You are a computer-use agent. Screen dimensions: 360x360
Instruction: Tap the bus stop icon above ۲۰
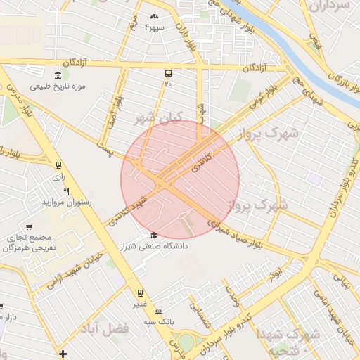[x=168, y=73]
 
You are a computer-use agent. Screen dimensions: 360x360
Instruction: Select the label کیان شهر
[x=158, y=117]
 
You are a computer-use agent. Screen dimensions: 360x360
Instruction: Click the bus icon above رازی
[x=58, y=166]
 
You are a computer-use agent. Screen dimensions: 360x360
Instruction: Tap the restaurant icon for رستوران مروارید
[x=67, y=191]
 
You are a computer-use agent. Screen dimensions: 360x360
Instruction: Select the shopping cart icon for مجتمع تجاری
[x=28, y=226]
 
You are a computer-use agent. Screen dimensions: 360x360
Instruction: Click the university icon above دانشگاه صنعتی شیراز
[x=154, y=235]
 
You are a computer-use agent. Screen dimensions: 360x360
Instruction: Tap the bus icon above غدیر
[x=140, y=292]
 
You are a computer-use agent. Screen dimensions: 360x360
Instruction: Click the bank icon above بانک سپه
[x=158, y=310]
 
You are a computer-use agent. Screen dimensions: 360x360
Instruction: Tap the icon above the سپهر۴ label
[x=154, y=16]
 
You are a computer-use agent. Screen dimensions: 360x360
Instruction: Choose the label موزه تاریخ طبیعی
[x=58, y=86]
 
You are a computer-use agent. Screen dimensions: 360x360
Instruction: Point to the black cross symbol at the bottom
[x=63, y=354]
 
